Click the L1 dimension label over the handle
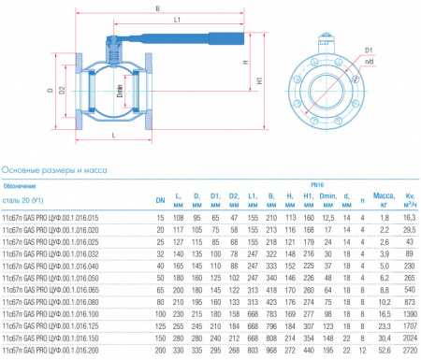(x=178, y=20)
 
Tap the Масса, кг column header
(x=384, y=197)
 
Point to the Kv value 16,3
(x=409, y=217)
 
